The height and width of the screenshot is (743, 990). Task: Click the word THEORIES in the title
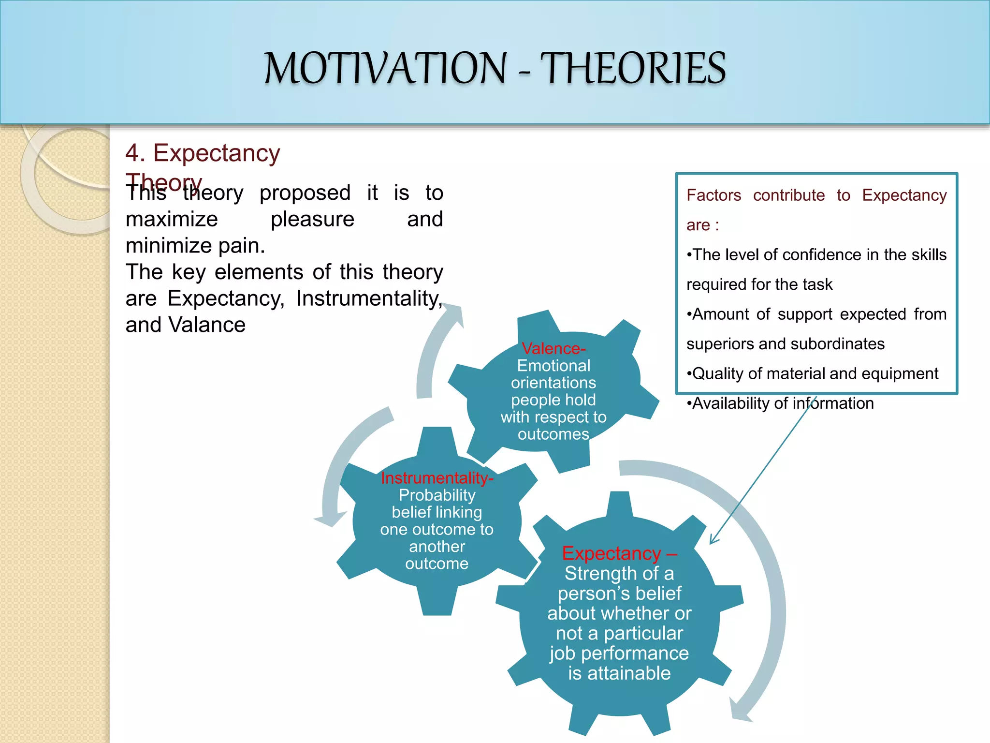633,68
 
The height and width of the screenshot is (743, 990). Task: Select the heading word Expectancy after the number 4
217,153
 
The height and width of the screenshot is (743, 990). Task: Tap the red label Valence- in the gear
553,348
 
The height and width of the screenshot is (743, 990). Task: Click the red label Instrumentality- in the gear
437,478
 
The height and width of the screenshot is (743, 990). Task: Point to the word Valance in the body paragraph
207,325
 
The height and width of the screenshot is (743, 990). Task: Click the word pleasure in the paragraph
312,219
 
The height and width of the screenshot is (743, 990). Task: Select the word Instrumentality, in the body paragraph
369,298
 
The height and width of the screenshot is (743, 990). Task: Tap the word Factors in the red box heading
713,195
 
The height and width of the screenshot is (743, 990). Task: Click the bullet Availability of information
780,403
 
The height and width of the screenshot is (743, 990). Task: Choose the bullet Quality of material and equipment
812,373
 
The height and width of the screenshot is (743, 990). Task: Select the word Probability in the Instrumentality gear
437,495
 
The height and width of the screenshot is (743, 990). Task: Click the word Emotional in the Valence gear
553,366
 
